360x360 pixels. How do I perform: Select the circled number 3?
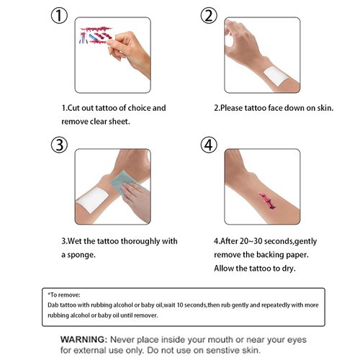coord(60,143)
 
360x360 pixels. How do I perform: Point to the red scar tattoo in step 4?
coord(256,196)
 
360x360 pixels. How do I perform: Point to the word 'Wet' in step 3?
coord(77,241)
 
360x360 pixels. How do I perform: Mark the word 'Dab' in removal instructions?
coord(52,305)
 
